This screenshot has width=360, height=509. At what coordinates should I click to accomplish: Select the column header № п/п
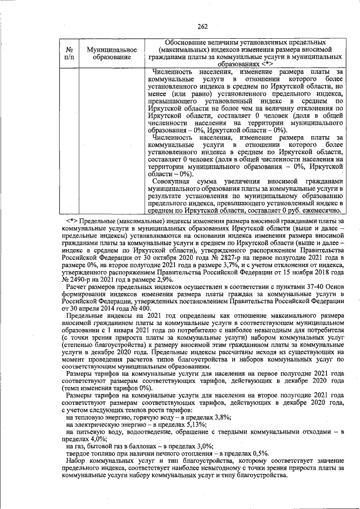(69, 53)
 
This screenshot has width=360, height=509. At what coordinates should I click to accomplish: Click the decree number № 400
(139, 309)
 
